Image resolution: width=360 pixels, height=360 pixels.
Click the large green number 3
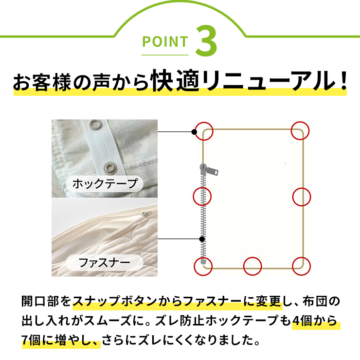point(206,40)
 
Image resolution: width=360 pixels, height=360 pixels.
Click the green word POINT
point(165,41)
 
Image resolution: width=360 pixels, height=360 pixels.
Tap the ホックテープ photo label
point(105,184)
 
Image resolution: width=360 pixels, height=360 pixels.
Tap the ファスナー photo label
point(105,262)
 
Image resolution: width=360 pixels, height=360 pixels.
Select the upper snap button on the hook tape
point(95,125)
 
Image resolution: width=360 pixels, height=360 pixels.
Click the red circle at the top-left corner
point(204,131)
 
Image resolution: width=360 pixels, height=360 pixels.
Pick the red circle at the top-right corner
point(300,131)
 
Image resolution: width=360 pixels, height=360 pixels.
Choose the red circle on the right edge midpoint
point(302,197)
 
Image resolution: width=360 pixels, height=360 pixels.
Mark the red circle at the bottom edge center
point(252,266)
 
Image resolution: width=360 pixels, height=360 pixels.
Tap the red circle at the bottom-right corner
point(301,266)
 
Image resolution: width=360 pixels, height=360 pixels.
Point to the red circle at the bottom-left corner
point(203,266)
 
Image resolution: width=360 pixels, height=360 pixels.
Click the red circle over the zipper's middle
point(202,197)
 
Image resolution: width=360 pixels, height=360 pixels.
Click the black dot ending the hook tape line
point(194,132)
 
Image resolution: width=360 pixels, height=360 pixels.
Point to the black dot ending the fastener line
point(202,239)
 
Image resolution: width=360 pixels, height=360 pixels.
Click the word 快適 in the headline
point(175,80)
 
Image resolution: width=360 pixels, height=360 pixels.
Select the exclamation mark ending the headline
point(343,81)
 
